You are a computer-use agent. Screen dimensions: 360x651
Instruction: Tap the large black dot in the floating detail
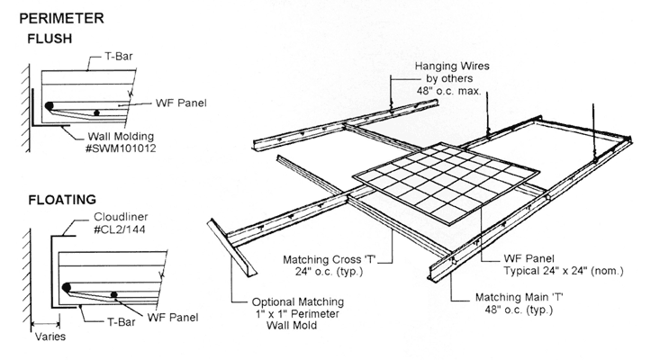coord(66,288)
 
